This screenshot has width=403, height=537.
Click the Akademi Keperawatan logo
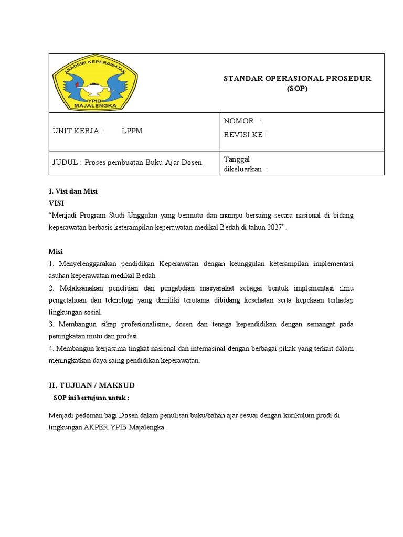95,83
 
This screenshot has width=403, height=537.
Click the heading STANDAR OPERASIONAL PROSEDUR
297,78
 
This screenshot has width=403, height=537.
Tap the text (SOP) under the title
297,88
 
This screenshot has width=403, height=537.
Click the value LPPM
132,131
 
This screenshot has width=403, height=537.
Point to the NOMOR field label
239,121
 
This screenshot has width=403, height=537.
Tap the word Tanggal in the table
237,159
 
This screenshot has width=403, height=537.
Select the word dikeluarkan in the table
243,169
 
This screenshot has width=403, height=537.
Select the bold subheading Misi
56,252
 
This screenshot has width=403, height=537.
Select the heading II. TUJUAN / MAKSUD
92,386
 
